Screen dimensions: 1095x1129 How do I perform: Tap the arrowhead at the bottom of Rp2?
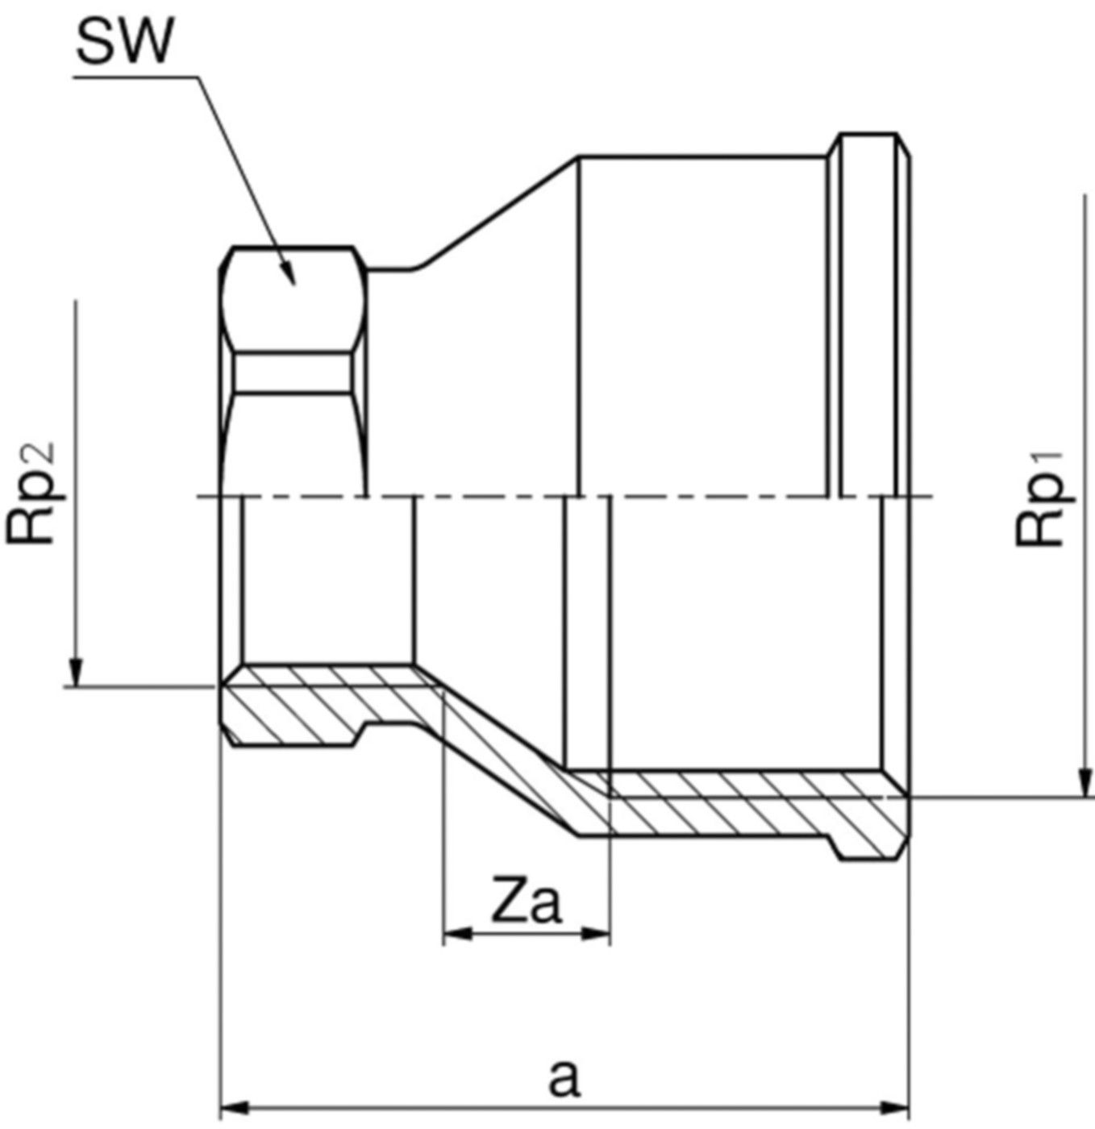pyautogui.click(x=76, y=673)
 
